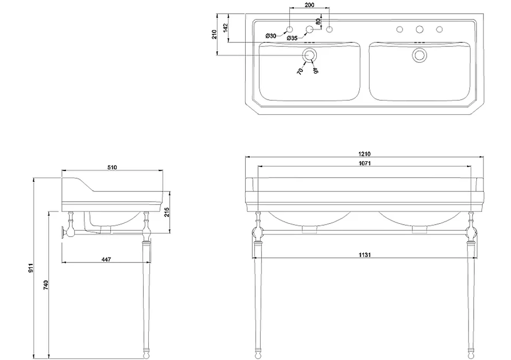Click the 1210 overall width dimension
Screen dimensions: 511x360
[x=364, y=154]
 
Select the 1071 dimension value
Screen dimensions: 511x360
[x=365, y=163]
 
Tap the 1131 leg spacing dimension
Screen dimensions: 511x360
[x=365, y=255]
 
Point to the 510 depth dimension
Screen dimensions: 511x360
[x=112, y=167]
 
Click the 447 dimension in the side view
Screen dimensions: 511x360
[x=106, y=259]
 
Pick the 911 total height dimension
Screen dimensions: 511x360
[x=31, y=268]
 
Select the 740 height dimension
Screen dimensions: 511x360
[x=46, y=285]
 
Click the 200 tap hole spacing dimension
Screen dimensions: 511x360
[x=310, y=5]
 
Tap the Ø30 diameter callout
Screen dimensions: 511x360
[x=271, y=36]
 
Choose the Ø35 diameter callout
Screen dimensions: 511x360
[x=292, y=38]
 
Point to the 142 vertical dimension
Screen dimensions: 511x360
[x=225, y=29]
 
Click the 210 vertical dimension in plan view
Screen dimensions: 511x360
[x=215, y=35]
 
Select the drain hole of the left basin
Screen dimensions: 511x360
[x=309, y=55]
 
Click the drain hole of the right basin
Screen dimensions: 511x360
[x=420, y=55]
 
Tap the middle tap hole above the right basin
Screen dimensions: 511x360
[x=420, y=29]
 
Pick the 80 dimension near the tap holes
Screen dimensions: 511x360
[x=318, y=22]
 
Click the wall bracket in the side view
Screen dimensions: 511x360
[x=62, y=233]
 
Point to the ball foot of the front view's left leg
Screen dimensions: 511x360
[x=258, y=353]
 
